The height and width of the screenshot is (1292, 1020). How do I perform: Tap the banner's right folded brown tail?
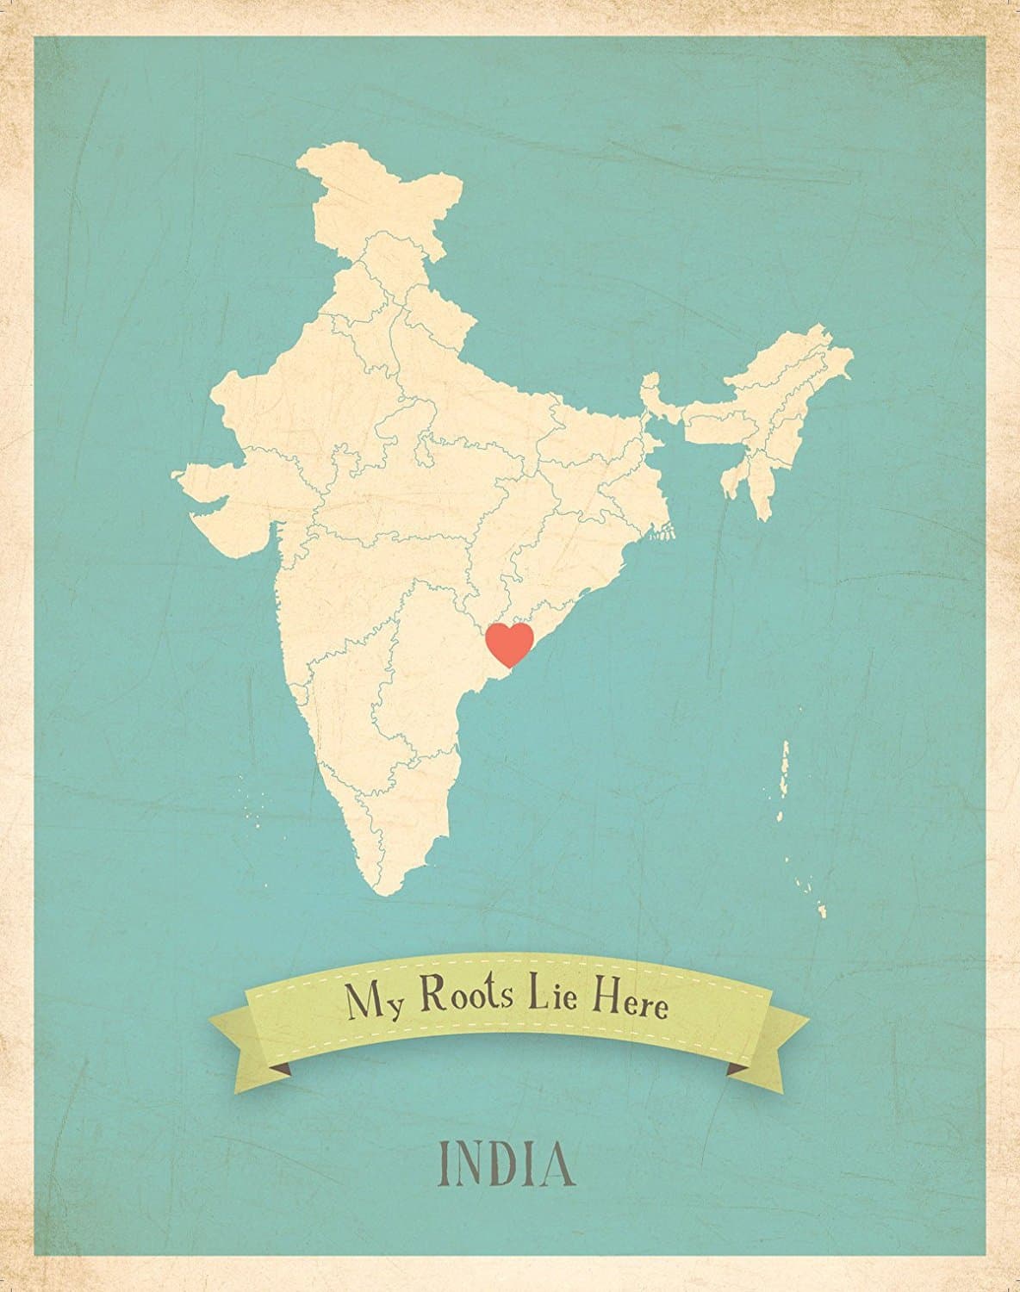(739, 1070)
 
